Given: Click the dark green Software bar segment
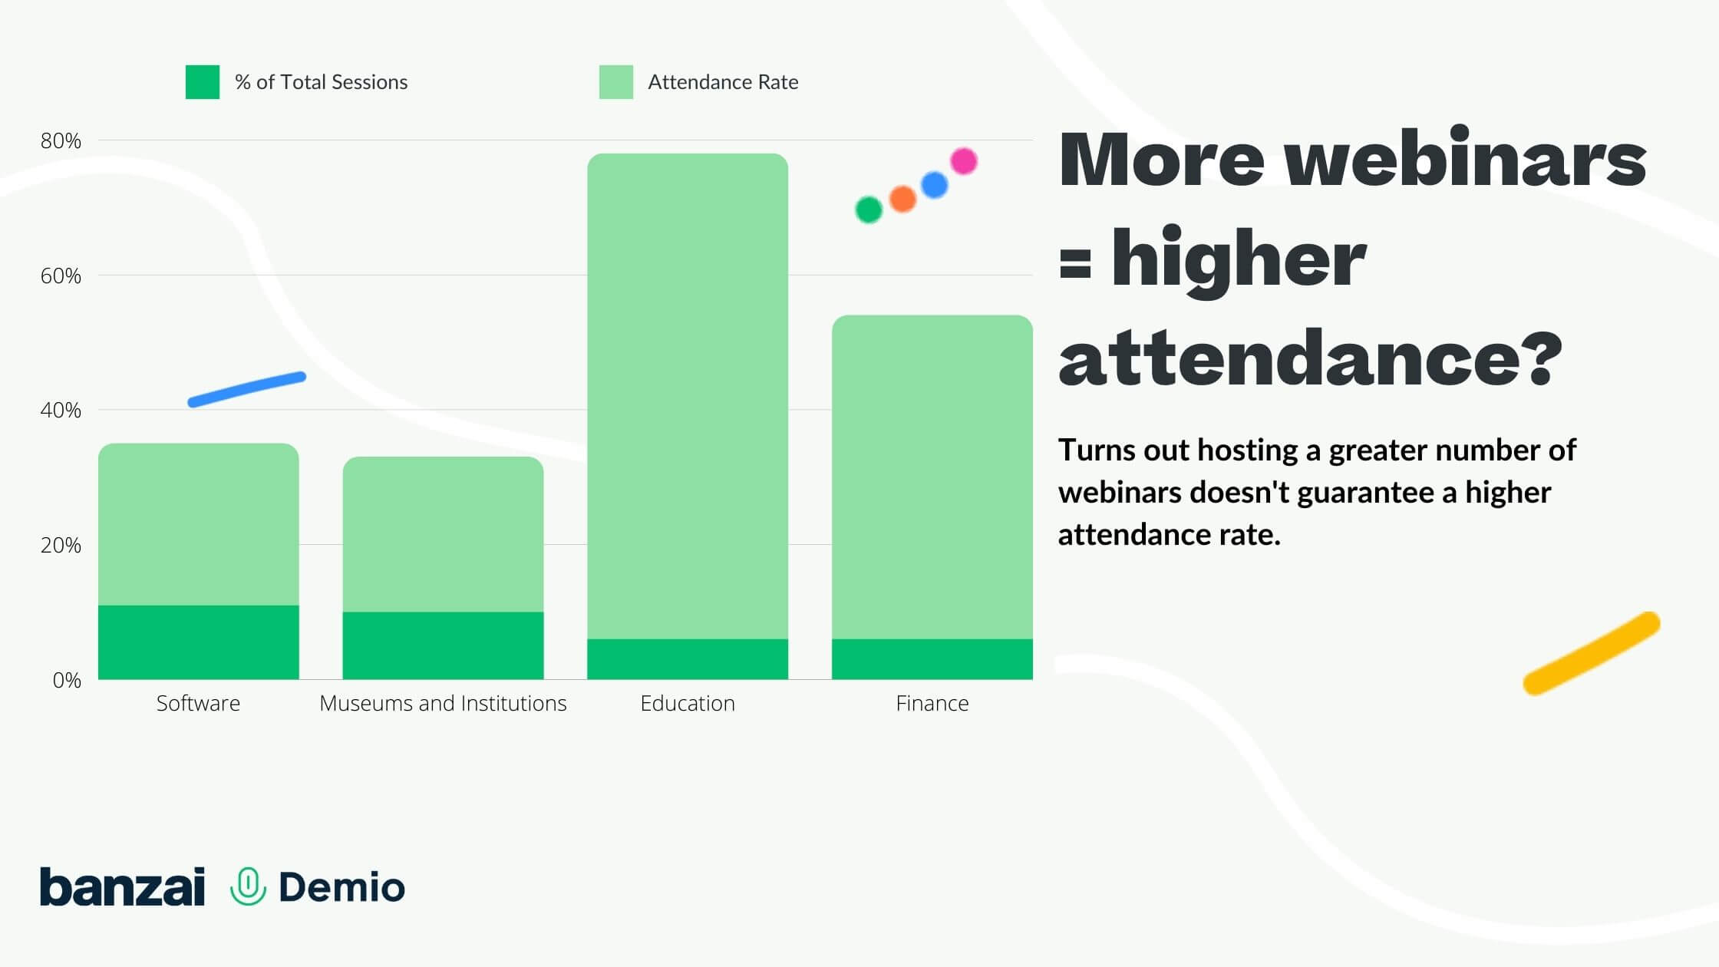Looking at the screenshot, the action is point(198,642).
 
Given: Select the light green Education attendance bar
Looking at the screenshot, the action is point(688,396).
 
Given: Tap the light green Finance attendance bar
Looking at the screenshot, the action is point(932,477).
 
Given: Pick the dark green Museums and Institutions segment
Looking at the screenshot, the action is point(443,645).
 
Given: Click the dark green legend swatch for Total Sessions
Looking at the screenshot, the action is point(203,82).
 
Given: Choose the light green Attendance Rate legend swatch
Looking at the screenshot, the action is point(616,82).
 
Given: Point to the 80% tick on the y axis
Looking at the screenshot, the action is point(61,140).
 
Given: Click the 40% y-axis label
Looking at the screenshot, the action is point(61,410).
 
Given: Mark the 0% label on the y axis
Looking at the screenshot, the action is point(67,680).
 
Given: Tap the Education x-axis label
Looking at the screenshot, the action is point(688,703).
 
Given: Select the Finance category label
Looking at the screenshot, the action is point(932,703).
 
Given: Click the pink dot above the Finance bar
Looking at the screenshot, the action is point(964,161).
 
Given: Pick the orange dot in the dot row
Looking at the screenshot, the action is point(902,199).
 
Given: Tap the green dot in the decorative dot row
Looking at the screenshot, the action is point(869,210).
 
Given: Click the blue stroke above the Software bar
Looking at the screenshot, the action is point(247,389).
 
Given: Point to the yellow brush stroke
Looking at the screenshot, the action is point(1592,653).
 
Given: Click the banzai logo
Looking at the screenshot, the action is point(123,886).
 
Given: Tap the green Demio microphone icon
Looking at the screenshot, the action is point(248,886).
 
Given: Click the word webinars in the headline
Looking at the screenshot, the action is point(1466,159).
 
